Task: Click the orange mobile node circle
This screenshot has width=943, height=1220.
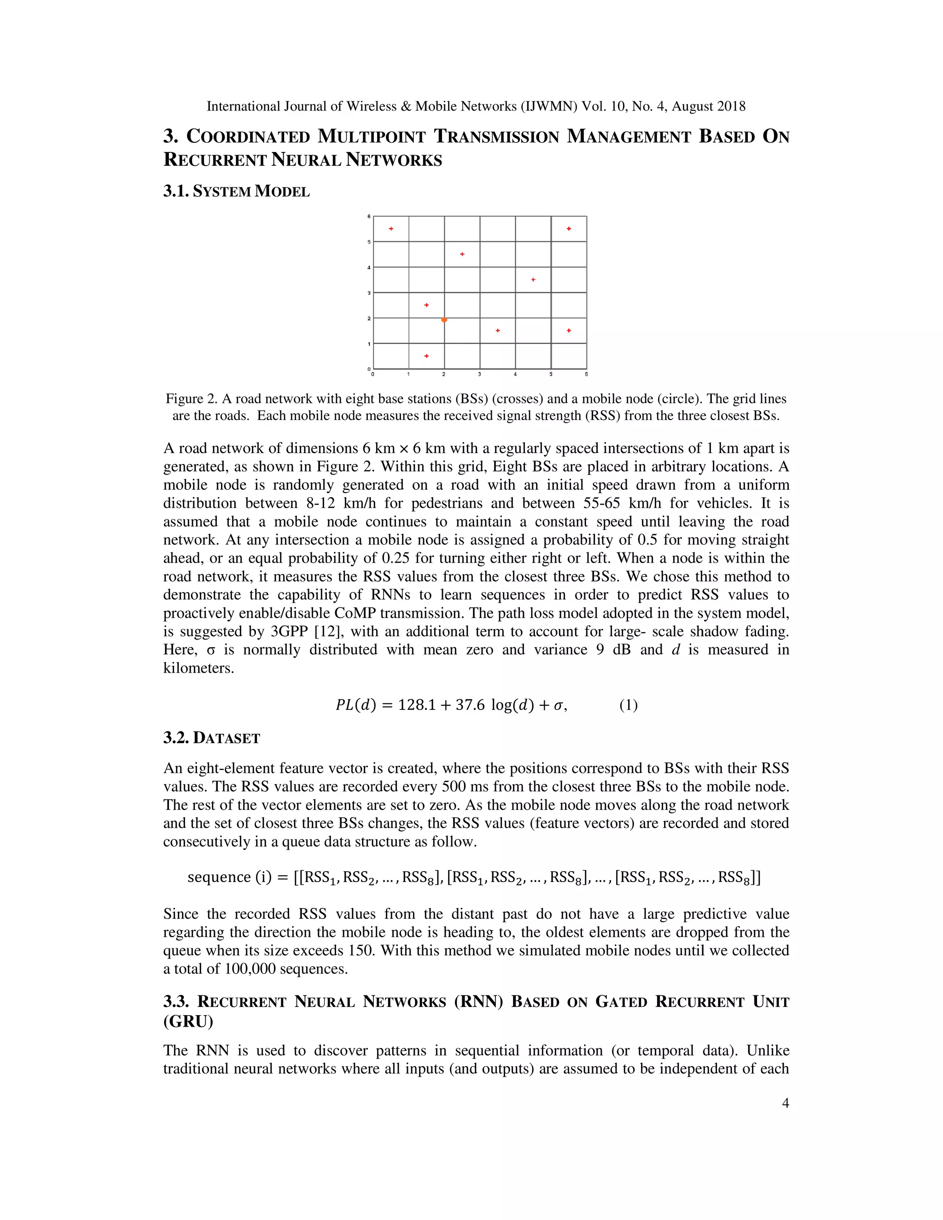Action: tap(444, 320)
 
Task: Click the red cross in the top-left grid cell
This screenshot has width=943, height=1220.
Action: tap(391, 228)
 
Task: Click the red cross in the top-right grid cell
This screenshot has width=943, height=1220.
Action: tap(569, 228)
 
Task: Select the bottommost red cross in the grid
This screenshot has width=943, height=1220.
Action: tap(426, 356)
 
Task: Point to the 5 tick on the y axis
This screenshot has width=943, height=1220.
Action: tap(369, 242)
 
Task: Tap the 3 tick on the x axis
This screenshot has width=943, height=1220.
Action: tap(479, 374)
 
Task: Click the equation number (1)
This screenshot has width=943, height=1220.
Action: tap(628, 705)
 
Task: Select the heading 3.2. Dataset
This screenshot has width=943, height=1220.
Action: tap(212, 738)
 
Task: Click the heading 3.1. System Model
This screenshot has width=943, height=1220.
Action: tap(236, 192)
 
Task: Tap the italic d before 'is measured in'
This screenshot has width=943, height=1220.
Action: tap(675, 650)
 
